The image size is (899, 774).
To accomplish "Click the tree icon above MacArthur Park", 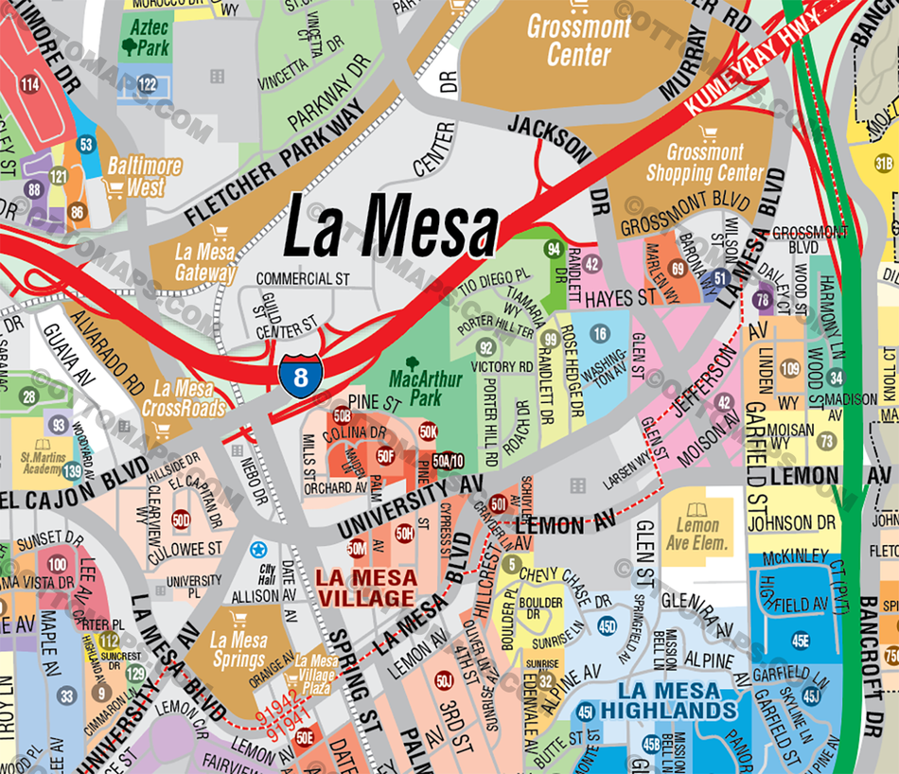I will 413,363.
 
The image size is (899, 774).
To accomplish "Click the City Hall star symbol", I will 258,549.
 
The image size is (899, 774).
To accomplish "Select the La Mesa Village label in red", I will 366,588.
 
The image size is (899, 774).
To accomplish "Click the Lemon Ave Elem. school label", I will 701,535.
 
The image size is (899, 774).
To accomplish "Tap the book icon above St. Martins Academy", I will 42,445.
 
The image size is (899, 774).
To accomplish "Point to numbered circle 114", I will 30,85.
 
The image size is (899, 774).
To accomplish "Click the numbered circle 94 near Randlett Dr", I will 555,249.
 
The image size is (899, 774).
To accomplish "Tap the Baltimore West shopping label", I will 144,176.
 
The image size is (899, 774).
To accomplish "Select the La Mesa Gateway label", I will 205,262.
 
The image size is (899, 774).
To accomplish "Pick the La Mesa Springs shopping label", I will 238,650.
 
